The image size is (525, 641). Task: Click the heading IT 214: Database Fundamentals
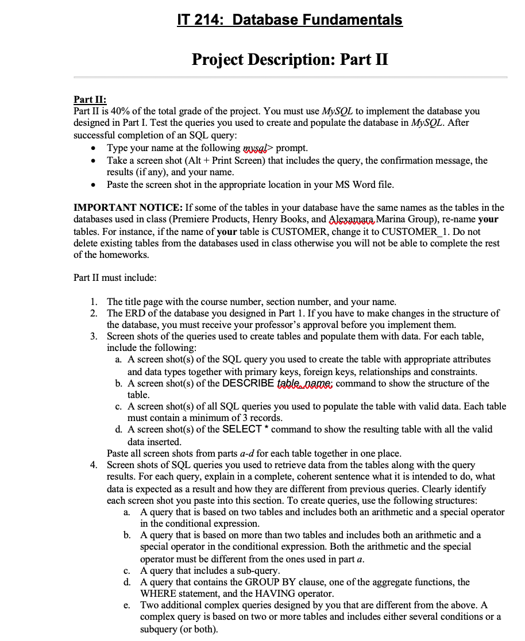tap(290, 20)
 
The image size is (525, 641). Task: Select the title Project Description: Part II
tap(290, 59)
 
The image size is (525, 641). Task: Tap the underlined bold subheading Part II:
tap(90, 99)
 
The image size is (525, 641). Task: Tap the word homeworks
tap(122, 254)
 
